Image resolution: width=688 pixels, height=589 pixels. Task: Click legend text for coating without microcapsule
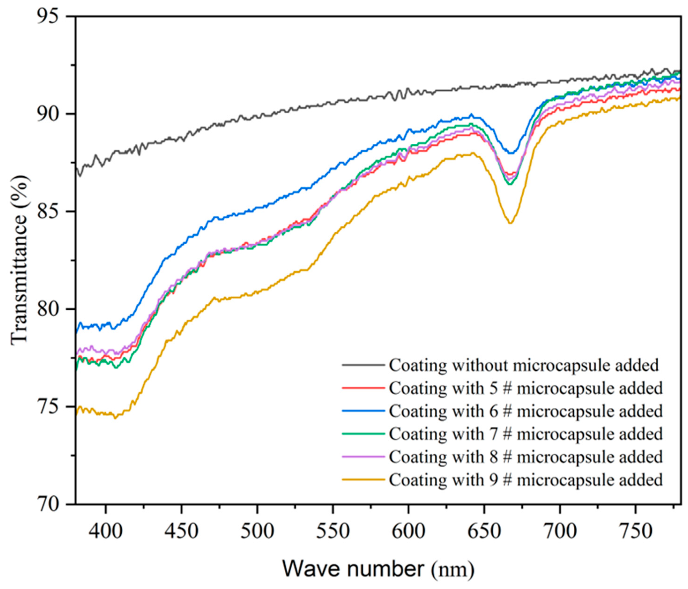(x=524, y=365)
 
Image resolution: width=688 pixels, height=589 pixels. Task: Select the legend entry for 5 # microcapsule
(x=526, y=388)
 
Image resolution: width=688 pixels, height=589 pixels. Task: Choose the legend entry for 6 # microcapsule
(x=526, y=411)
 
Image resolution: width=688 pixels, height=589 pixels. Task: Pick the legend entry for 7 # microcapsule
(x=526, y=434)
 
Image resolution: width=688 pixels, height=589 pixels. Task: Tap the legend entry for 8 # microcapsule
(x=526, y=457)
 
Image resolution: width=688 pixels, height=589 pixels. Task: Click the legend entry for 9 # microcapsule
(x=526, y=480)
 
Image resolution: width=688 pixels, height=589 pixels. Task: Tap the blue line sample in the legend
(x=363, y=411)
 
